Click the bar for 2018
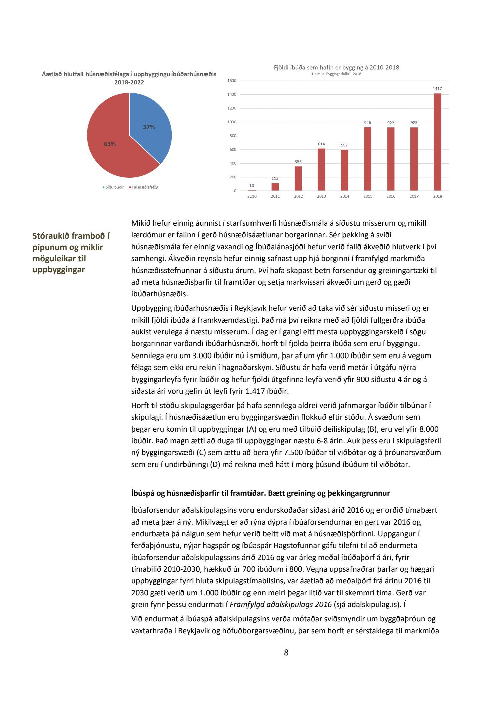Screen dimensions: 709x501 tap(437, 142)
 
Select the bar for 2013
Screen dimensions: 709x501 tap(321, 170)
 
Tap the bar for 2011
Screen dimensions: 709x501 tap(275, 187)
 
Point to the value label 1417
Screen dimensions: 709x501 tap(437, 89)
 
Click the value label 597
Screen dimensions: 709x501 tap(344, 145)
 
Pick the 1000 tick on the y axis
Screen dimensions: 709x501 tap(232, 122)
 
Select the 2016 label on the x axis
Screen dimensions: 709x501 tap(391, 196)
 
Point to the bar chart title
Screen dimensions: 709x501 tap(336, 67)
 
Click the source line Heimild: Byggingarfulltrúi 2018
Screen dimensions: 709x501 tap(336, 74)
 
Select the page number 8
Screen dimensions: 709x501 tap(286, 652)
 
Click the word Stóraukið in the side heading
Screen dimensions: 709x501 tap(51, 236)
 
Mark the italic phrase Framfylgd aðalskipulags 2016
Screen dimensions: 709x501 tap(281, 604)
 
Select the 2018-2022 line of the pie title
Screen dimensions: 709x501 tap(129, 82)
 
